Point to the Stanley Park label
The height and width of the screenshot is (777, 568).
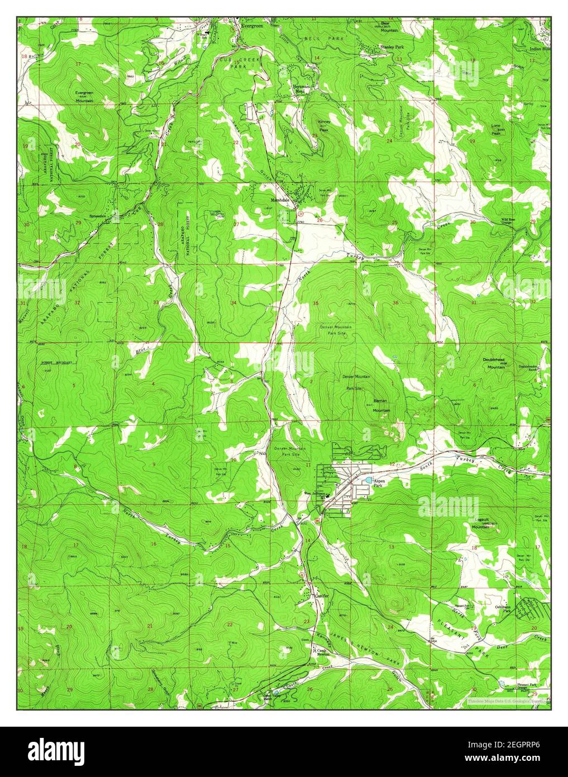pyautogui.click(x=392, y=48)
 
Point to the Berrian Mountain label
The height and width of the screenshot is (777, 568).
pyautogui.click(x=381, y=406)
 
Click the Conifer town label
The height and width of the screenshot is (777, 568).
pyautogui.click(x=317, y=596)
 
